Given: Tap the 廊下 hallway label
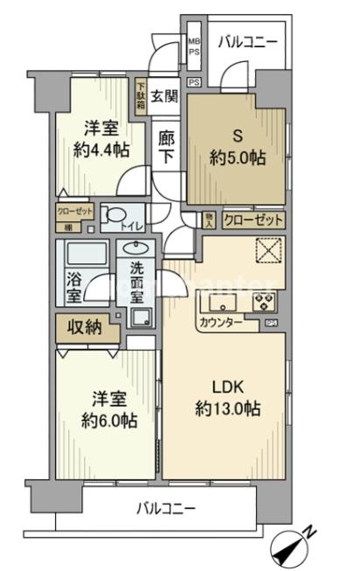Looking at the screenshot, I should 166,146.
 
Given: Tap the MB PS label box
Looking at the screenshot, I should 194,47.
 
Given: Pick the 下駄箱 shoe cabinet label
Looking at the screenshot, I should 141,96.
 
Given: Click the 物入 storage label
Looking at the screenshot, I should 210,221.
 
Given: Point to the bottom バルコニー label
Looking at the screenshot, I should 165,509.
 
